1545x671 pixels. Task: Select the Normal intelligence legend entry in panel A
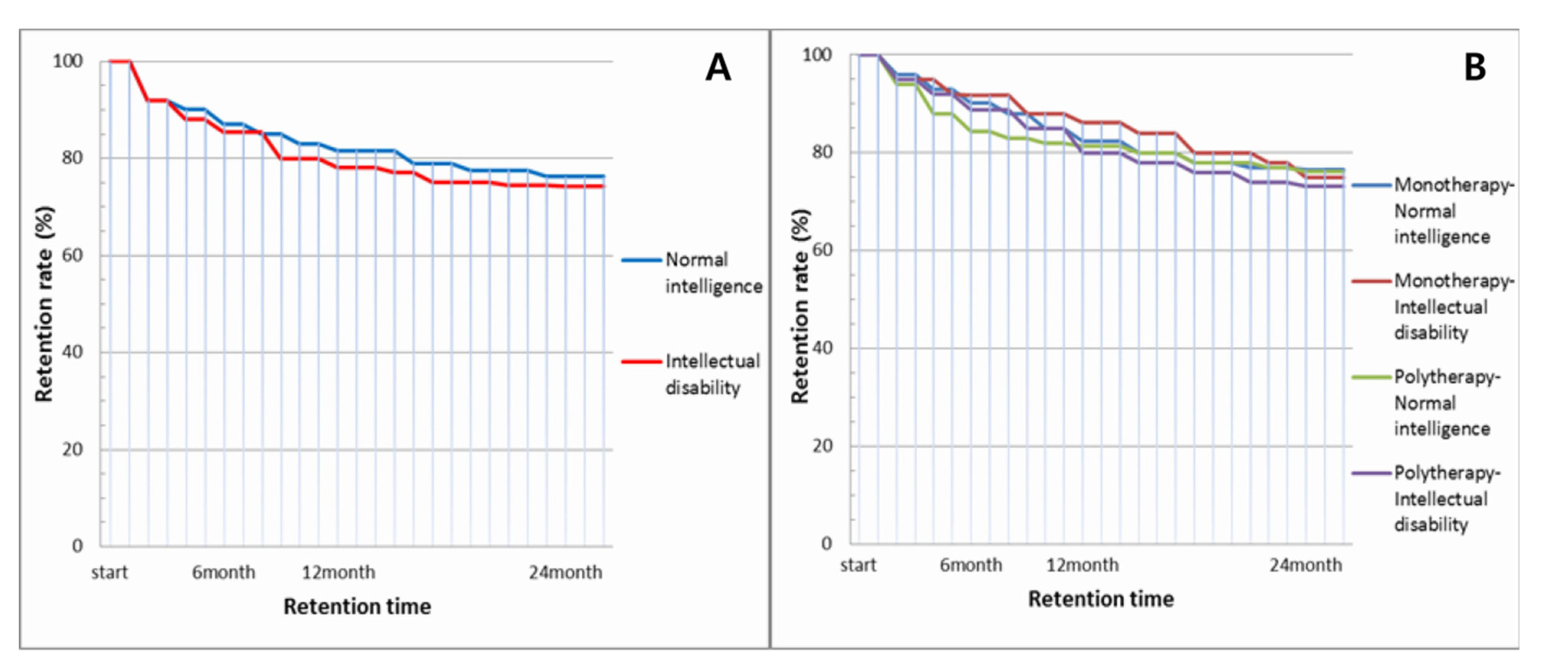692,273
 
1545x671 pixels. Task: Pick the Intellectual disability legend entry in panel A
691,374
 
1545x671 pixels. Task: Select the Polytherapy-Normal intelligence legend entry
1427,403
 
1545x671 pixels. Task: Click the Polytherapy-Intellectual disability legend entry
1427,499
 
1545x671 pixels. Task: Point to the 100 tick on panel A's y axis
68,61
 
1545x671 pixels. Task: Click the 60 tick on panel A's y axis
73,255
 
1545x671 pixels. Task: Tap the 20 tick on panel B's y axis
823,446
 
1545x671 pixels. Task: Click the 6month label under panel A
224,573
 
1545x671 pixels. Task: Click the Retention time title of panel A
357,607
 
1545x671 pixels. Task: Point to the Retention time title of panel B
1101,599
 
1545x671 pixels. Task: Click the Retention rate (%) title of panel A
44,304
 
